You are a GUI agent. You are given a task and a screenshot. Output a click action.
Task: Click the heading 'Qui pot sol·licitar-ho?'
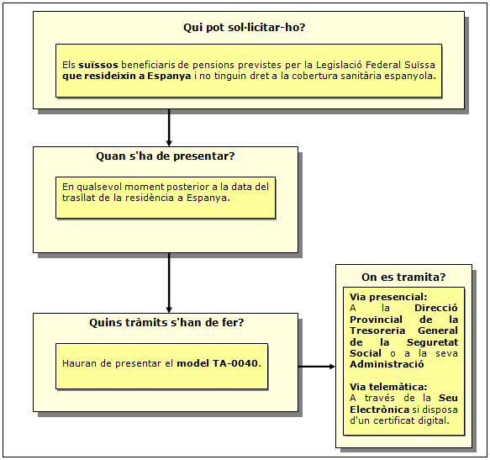pyautogui.click(x=244, y=28)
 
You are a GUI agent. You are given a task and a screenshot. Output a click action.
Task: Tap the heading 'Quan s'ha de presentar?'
pyautogui.click(x=166, y=156)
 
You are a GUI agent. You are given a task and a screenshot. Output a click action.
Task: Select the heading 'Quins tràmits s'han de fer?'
pyautogui.click(x=166, y=322)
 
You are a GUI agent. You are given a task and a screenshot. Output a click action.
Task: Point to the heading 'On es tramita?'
pyautogui.click(x=403, y=277)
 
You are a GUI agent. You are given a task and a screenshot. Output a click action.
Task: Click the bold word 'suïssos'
pyautogui.click(x=98, y=65)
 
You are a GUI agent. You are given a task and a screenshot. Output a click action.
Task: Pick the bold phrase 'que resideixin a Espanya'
pyautogui.click(x=127, y=76)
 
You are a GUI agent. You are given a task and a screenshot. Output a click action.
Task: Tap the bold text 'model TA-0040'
pyautogui.click(x=218, y=363)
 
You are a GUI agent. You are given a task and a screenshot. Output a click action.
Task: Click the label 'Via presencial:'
pyautogui.click(x=388, y=297)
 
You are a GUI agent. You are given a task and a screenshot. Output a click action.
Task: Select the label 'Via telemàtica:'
pyautogui.click(x=388, y=387)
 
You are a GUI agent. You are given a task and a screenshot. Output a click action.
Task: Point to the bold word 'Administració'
pyautogui.click(x=387, y=364)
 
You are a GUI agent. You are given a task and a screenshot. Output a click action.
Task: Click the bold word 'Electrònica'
pyautogui.click(x=379, y=410)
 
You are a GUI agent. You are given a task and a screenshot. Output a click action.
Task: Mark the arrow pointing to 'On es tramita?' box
pyautogui.click(x=317, y=367)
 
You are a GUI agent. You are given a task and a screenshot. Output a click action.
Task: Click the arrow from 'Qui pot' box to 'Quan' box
pyautogui.click(x=169, y=128)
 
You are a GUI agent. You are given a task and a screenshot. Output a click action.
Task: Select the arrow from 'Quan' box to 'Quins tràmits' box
pyautogui.click(x=169, y=283)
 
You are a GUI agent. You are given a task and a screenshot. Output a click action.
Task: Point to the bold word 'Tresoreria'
pyautogui.click(x=377, y=330)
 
